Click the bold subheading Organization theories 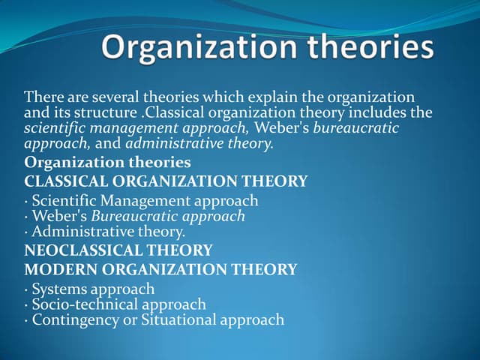(x=107, y=163)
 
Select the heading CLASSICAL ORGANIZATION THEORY (x=166, y=181)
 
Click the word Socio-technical (x=81, y=304)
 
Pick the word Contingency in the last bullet (x=72, y=320)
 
